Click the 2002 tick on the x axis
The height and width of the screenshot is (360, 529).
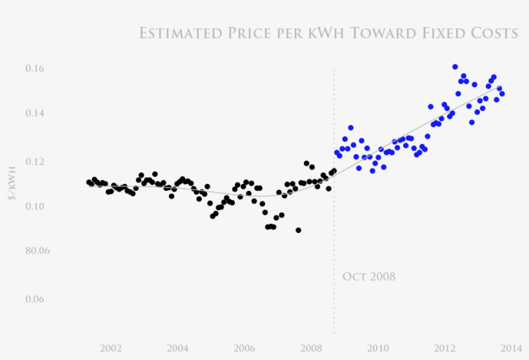pyautogui.click(x=111, y=348)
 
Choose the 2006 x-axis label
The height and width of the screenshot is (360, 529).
pyautogui.click(x=245, y=348)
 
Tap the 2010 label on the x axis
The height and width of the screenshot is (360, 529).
pyautogui.click(x=378, y=348)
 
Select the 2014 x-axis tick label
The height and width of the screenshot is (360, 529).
pyautogui.click(x=511, y=348)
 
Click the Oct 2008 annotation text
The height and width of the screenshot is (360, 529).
pyautogui.click(x=368, y=277)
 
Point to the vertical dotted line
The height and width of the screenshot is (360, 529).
pyautogui.click(x=334, y=226)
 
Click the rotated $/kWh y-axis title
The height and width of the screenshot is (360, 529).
pyautogui.click(x=12, y=185)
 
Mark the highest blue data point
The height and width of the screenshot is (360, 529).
pyautogui.click(x=455, y=67)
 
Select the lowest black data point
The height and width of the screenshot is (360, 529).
pyautogui.click(x=298, y=230)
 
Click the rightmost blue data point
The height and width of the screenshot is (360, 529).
pyautogui.click(x=502, y=94)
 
